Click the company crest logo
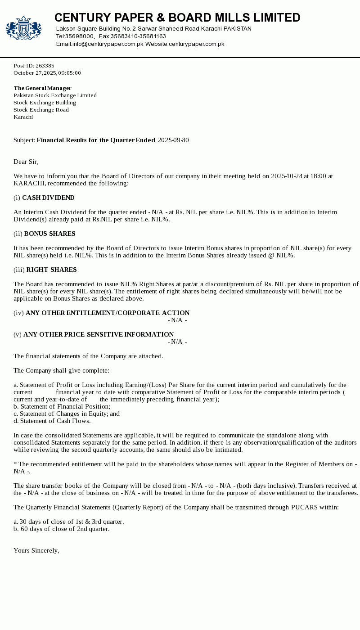[23, 28]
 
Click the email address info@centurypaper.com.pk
[108, 44]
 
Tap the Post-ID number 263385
[45, 66]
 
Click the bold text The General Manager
[42, 88]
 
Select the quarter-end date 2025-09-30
[173, 140]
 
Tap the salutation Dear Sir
[26, 162]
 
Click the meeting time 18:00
[318, 176]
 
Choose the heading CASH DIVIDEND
[48, 198]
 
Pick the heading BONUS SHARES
[49, 234]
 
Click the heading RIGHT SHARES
[51, 270]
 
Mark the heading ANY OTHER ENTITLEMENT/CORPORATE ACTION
[108, 313]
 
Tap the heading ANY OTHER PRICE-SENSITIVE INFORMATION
[99, 335]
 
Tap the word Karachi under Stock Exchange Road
[23, 117]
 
